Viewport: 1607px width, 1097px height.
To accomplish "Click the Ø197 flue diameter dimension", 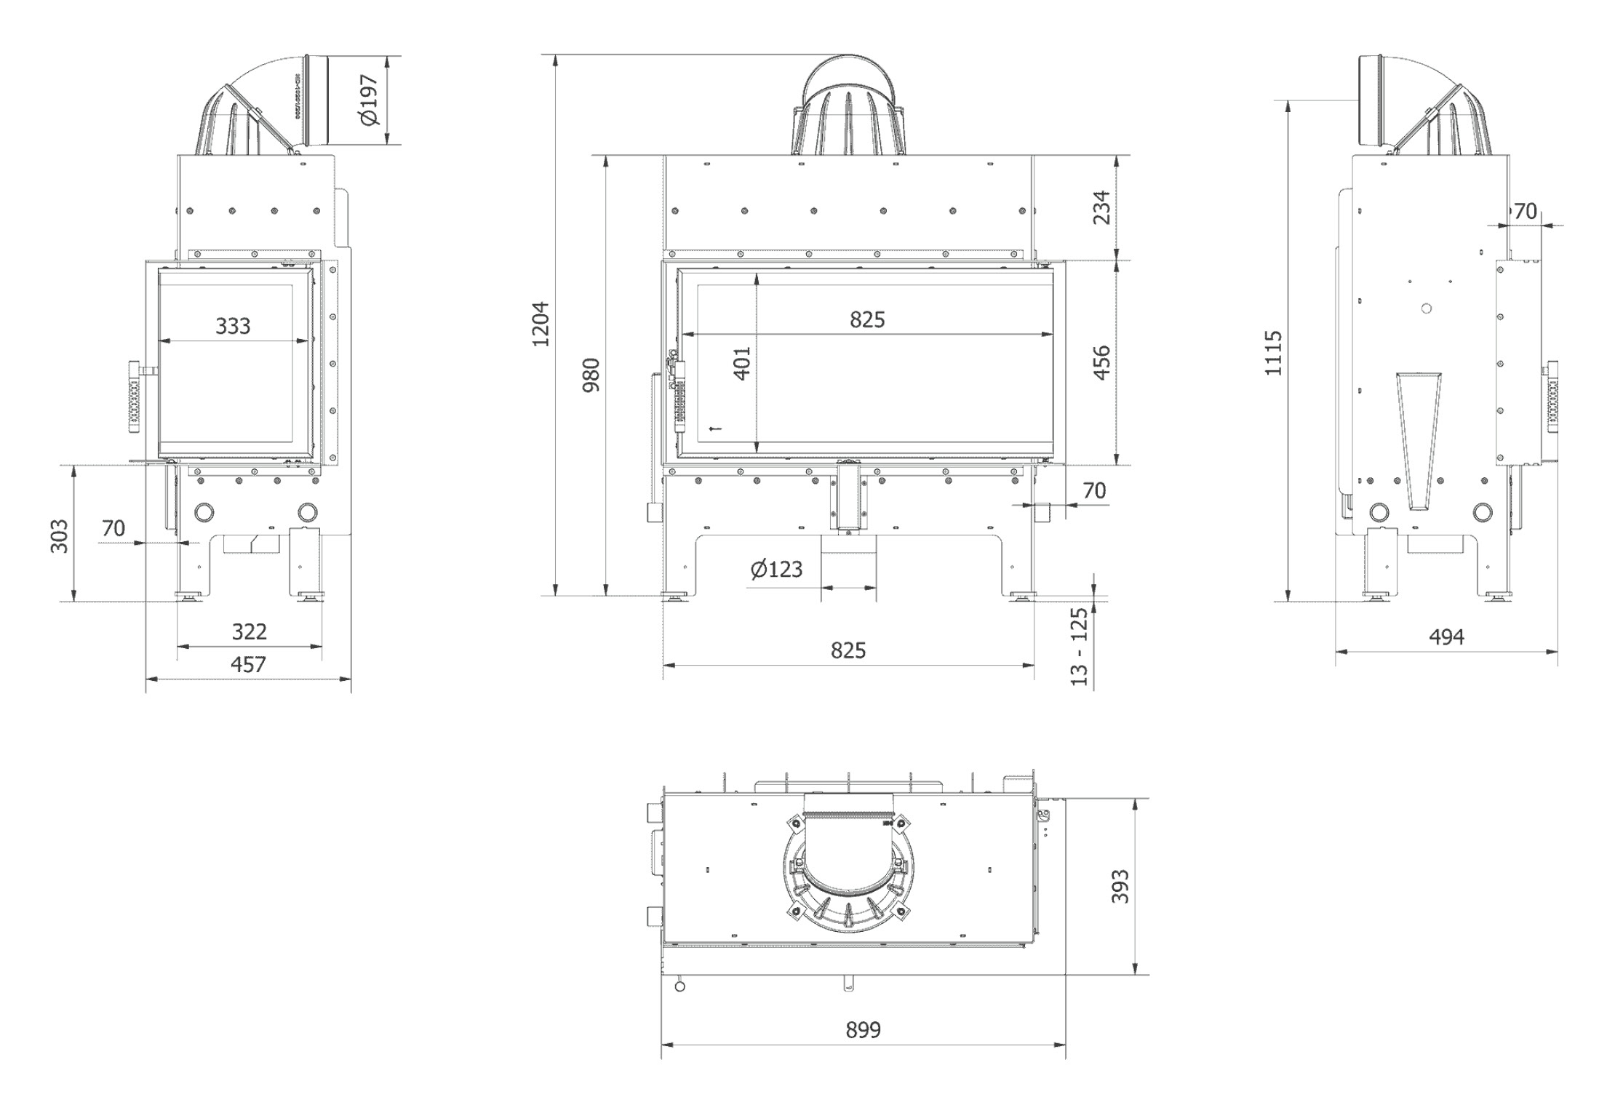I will pyautogui.click(x=370, y=100).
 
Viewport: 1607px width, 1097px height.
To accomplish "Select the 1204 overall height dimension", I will pyautogui.click(x=541, y=324).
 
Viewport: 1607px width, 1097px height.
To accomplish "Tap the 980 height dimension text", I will pyautogui.click(x=592, y=375).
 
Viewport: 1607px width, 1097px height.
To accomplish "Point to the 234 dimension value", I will pyautogui.click(x=1102, y=207).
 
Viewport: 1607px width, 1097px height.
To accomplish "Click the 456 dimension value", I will pyautogui.click(x=1102, y=362).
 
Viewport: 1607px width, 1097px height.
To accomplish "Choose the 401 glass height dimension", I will pyautogui.click(x=742, y=362).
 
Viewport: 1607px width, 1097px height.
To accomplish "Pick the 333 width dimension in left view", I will pyautogui.click(x=233, y=326).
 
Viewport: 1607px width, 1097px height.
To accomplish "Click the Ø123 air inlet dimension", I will pyautogui.click(x=776, y=569).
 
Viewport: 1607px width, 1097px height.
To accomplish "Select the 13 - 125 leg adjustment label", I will pyautogui.click(x=1080, y=646).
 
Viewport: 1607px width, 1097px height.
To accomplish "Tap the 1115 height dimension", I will pyautogui.click(x=1273, y=354).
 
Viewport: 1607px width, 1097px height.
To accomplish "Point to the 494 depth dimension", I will pyautogui.click(x=1446, y=637).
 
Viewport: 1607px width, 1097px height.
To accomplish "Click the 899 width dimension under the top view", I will pyautogui.click(x=863, y=1030).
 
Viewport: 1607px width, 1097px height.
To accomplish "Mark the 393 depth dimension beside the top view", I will pyautogui.click(x=1120, y=886).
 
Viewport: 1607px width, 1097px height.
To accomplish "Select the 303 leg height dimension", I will pyautogui.click(x=60, y=535).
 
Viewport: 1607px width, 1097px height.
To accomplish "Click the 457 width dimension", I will pyautogui.click(x=248, y=664).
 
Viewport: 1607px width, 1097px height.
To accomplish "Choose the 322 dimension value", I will pyautogui.click(x=250, y=631).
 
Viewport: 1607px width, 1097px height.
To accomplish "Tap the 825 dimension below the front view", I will pyautogui.click(x=848, y=650).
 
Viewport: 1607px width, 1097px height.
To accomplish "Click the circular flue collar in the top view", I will pyautogui.click(x=849, y=873).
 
